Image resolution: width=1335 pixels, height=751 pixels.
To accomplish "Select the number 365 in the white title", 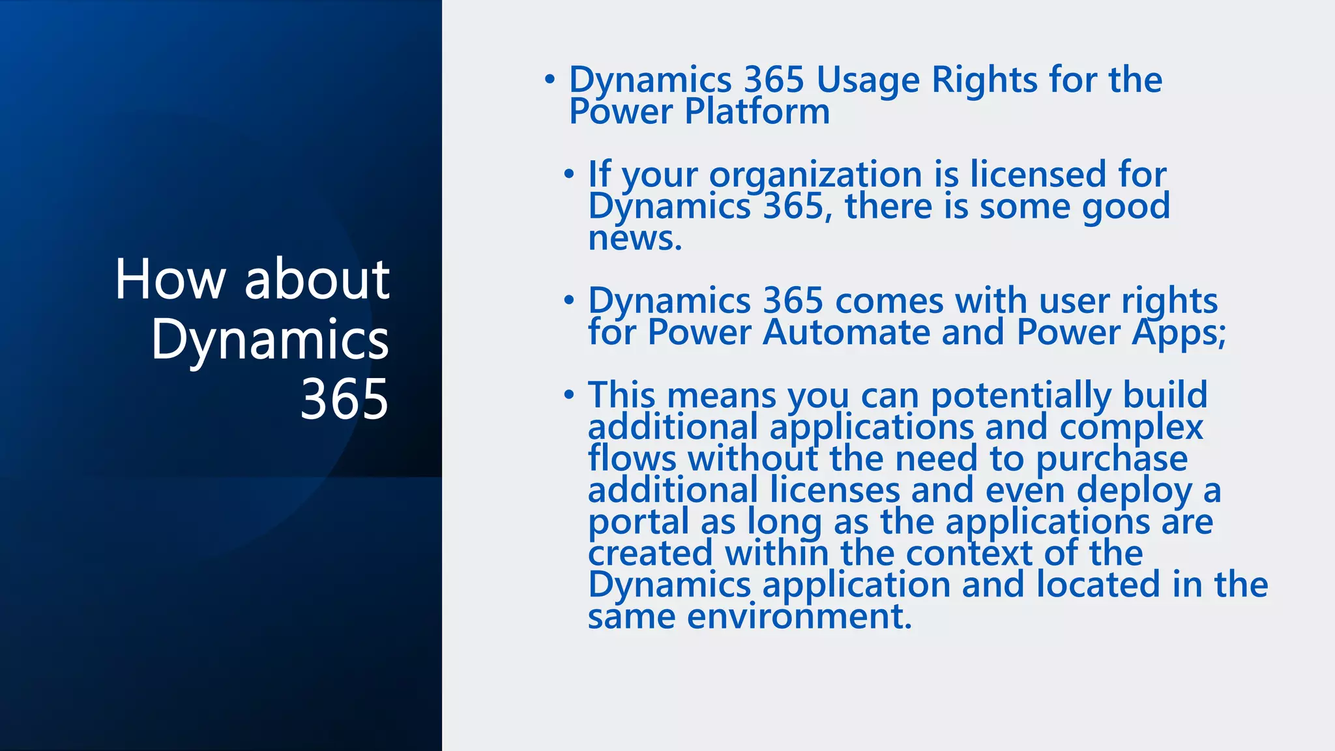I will pyautogui.click(x=344, y=398).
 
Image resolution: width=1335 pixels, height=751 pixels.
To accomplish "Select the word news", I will pyautogui.click(x=634, y=238).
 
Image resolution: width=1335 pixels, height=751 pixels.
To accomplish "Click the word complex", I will pyautogui.click(x=1131, y=428).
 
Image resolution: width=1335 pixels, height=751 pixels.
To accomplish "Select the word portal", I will pyautogui.click(x=638, y=522).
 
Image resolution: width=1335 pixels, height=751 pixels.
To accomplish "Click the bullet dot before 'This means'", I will pyautogui.click(x=569, y=395).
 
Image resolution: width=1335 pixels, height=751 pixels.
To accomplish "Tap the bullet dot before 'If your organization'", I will pyautogui.click(x=569, y=174).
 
